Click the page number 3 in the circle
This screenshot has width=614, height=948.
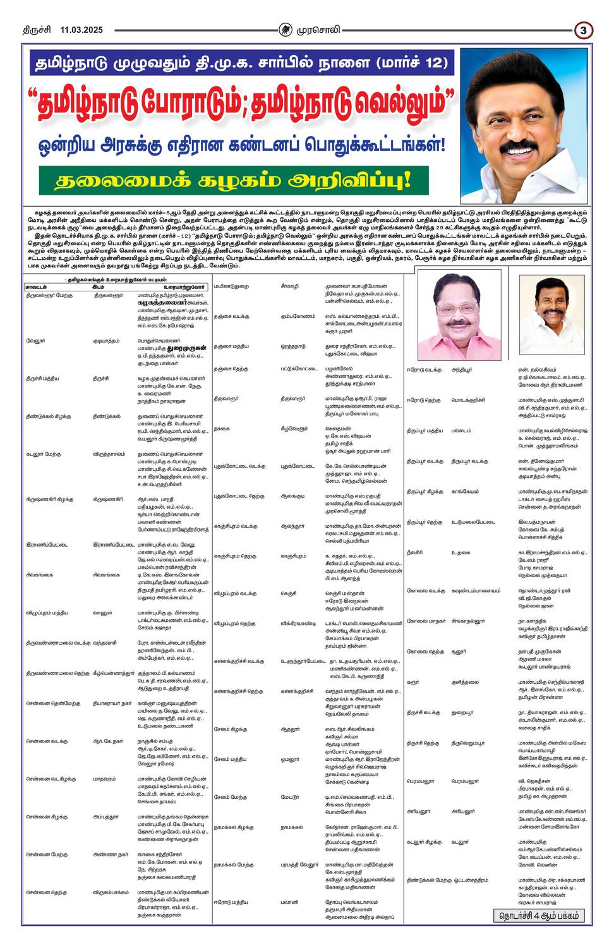584,30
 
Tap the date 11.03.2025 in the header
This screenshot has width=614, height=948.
81,30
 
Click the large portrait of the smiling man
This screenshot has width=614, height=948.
524,125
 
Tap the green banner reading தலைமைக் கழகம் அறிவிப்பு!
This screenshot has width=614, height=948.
233,180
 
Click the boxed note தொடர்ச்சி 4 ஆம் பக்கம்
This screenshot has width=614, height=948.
539,915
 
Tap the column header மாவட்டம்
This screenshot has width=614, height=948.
38,288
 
